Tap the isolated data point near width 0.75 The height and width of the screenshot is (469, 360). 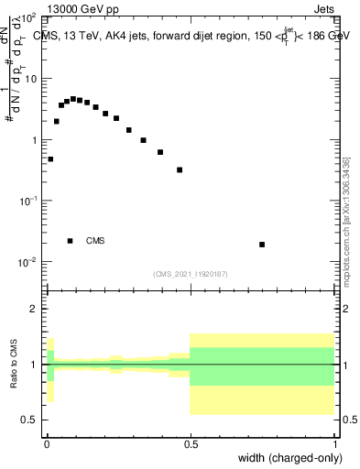262,245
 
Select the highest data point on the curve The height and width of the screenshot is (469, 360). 73,99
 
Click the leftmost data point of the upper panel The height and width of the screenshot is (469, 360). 50,159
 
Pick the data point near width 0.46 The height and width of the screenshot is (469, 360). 180,169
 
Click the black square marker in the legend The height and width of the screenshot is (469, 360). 70,241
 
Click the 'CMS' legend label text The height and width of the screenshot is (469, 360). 94,241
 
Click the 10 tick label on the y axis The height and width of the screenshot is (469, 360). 31,80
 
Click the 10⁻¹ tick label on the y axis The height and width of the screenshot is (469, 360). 29,201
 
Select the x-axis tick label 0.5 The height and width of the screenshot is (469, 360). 190,442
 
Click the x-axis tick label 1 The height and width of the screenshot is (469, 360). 333,442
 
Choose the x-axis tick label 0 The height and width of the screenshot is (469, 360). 47,442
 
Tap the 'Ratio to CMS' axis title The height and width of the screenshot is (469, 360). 13,364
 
